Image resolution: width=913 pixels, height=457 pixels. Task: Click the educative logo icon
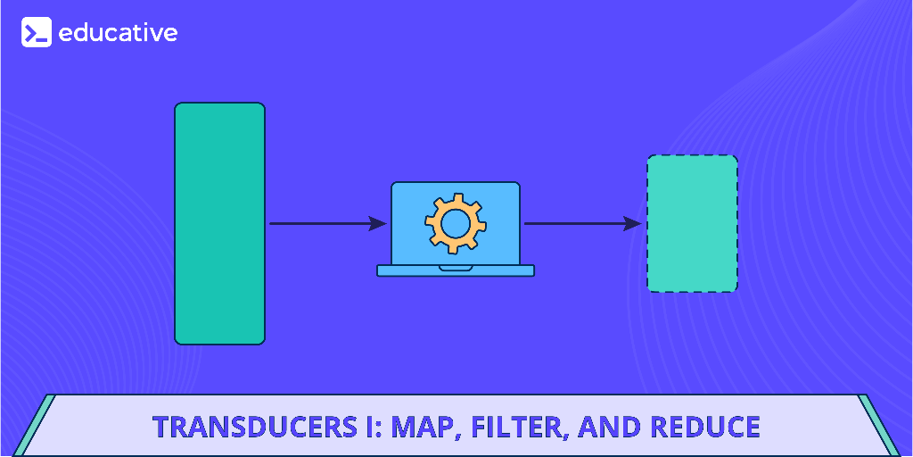[x=37, y=33]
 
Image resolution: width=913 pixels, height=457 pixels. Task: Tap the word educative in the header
[x=118, y=33]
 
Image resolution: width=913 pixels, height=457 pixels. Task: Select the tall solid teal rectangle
[x=219, y=223]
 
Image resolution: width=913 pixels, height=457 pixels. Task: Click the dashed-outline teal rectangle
[x=692, y=223]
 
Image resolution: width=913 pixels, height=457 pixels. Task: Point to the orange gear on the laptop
[x=455, y=223]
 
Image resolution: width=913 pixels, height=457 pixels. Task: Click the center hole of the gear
[x=455, y=223]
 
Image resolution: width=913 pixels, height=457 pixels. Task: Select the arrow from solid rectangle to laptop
[x=321, y=223]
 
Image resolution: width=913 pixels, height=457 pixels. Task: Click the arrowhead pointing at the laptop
[x=378, y=223]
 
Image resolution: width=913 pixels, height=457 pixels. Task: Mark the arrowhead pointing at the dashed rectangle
[x=632, y=223]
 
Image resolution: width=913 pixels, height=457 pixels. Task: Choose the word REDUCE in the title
[x=705, y=427]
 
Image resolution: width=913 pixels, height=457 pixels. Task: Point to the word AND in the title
[x=609, y=427]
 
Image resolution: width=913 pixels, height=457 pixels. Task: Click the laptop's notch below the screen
[x=456, y=268]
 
